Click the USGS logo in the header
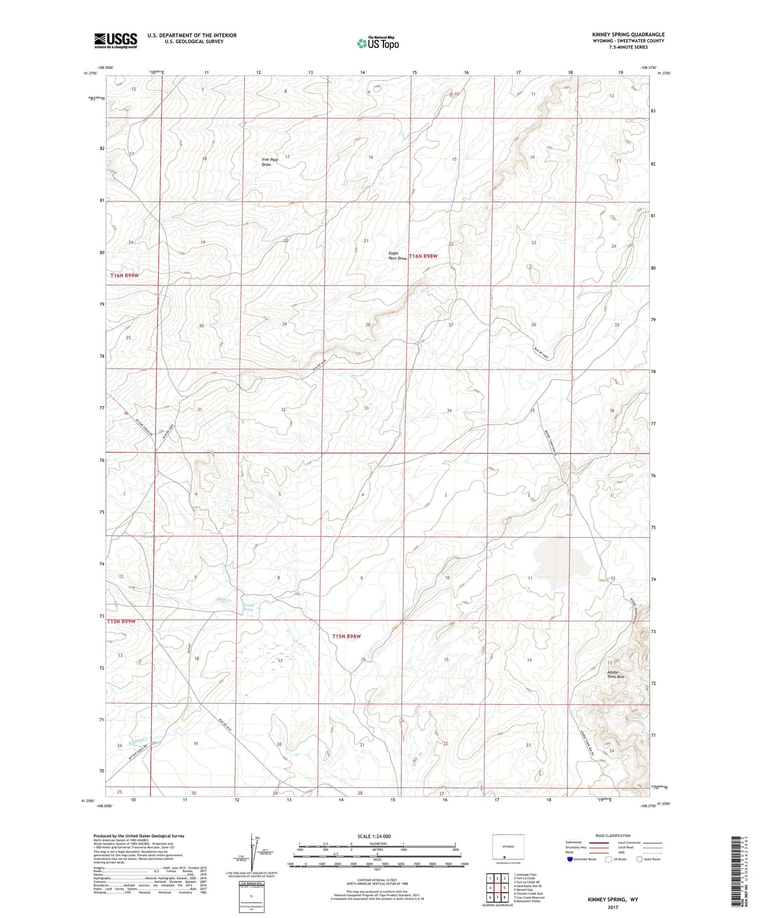(x=116, y=41)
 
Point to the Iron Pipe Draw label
(x=270, y=162)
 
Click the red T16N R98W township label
(x=423, y=256)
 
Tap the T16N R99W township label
(x=125, y=275)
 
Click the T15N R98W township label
(x=346, y=636)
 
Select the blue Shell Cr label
(x=223, y=601)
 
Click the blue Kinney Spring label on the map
(x=248, y=607)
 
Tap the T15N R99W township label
(x=122, y=621)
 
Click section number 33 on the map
(x=366, y=408)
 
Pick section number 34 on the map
(x=449, y=411)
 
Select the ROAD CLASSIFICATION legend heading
(x=613, y=836)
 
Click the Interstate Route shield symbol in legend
(x=570, y=859)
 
